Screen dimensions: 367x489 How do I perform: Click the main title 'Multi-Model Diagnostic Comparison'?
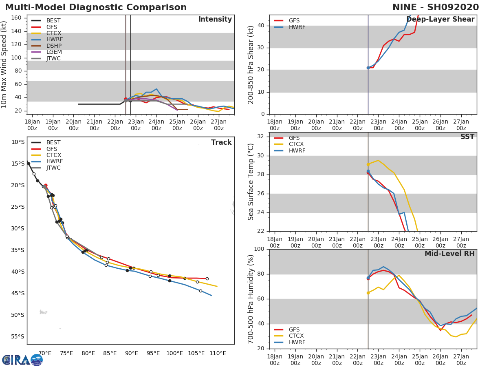tap(96, 7)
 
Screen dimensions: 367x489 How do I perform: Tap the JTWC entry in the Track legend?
tap(53, 168)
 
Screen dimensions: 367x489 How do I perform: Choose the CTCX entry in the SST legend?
tap(297, 144)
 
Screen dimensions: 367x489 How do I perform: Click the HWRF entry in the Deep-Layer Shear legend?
tap(297, 27)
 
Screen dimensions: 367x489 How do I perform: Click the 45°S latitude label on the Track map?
tap(18, 293)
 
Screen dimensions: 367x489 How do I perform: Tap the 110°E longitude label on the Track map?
tap(218, 353)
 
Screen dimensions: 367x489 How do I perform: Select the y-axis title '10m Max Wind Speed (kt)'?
tap(4, 64)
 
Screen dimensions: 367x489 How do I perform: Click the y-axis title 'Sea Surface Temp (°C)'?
tap(251, 182)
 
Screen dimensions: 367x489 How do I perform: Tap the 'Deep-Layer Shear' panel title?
tap(440, 20)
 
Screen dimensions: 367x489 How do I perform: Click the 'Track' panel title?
tap(221, 142)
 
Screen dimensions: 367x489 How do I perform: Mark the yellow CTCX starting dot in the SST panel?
tap(368, 164)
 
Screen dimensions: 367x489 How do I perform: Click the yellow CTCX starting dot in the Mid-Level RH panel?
tap(368, 293)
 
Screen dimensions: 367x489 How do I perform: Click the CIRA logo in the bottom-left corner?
tap(22, 360)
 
